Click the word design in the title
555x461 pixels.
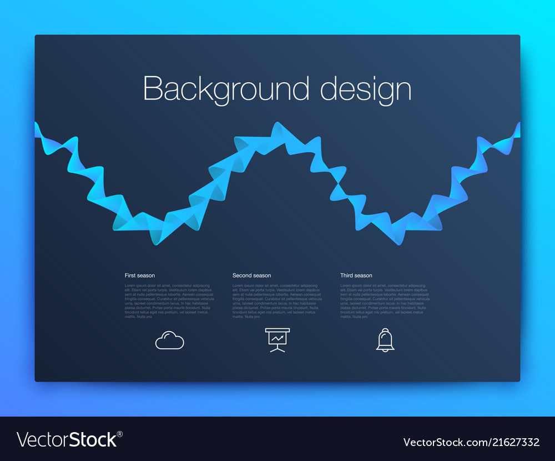click(366, 89)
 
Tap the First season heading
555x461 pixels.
click(140, 275)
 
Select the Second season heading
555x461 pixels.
click(251, 275)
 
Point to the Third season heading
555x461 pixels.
click(356, 275)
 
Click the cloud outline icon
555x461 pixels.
click(169, 340)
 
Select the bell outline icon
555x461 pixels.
click(385, 339)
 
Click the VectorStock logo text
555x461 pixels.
click(67, 440)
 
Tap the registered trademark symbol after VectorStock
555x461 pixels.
click(120, 434)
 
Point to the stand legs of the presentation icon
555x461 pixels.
click(277, 348)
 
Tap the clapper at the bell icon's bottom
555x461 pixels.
click(385, 350)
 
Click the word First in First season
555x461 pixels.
click(130, 275)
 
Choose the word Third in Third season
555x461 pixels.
click(347, 275)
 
